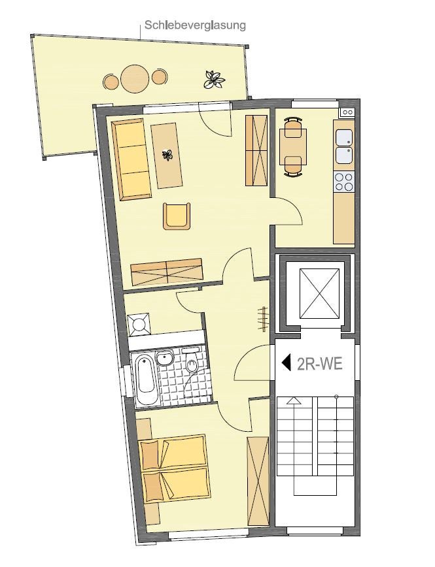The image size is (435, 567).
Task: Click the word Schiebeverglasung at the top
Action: coord(195,25)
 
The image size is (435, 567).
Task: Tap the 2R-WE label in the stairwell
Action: coord(319,364)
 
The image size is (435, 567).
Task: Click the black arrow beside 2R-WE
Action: coord(287,363)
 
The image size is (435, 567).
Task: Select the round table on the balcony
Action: coord(135,78)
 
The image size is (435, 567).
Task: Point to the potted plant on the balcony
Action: coord(213,79)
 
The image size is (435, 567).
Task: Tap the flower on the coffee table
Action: coord(168,155)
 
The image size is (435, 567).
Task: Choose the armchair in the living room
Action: coord(177,216)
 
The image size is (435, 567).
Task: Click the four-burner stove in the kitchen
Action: coord(343,182)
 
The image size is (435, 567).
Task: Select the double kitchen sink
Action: coord(343,146)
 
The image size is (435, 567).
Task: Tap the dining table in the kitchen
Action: coord(294,146)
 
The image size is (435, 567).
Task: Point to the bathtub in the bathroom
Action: coord(146,379)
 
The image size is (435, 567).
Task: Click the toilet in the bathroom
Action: coord(191,363)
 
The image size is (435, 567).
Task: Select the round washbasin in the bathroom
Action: coord(165,359)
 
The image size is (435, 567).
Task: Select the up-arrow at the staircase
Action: coord(294,400)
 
